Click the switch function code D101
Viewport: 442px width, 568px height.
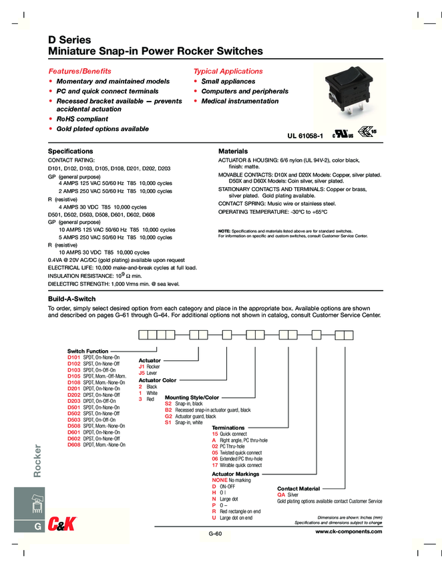(73, 360)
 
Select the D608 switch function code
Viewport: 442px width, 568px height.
(73, 444)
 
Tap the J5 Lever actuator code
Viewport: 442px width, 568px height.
(142, 373)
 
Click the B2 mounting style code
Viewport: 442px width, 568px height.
(168, 410)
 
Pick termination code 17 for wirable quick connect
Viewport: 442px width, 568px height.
(215, 465)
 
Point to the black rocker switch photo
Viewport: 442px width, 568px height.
(347, 100)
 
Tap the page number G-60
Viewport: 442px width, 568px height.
(214, 533)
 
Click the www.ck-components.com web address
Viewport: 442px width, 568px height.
(349, 531)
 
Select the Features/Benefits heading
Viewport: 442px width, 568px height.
(79, 71)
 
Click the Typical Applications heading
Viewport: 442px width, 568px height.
(228, 71)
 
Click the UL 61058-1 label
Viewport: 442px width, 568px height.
(305, 136)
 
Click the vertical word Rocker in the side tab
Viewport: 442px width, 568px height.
(37, 462)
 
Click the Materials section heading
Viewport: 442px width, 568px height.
(233, 152)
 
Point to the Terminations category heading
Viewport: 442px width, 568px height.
(228, 427)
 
